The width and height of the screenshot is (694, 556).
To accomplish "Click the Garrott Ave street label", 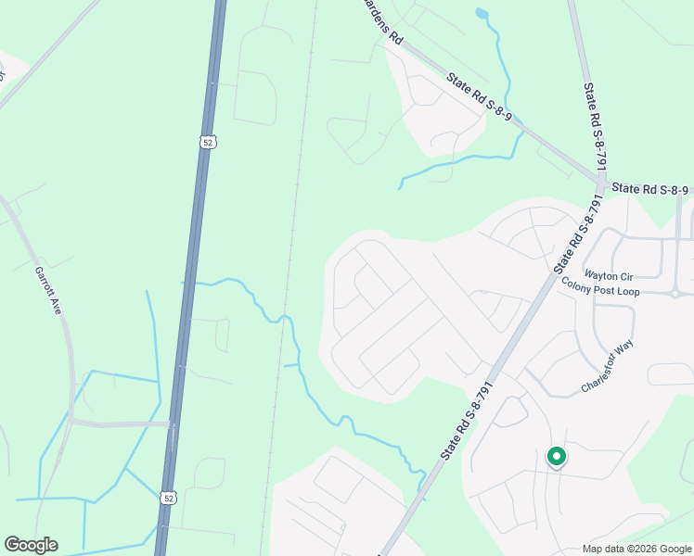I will point(48,291).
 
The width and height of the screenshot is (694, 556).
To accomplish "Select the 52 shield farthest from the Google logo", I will point(208,142).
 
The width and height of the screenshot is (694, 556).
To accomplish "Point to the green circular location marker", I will point(556,456).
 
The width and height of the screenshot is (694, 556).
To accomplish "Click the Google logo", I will point(31,545).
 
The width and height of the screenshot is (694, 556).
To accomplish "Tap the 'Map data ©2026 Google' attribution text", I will point(636,549).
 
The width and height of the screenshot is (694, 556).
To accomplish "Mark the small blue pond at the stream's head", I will point(481,14).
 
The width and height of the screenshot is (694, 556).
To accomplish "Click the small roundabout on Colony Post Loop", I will point(676,294).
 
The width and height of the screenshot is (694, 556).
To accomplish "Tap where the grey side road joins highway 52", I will point(173,425).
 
